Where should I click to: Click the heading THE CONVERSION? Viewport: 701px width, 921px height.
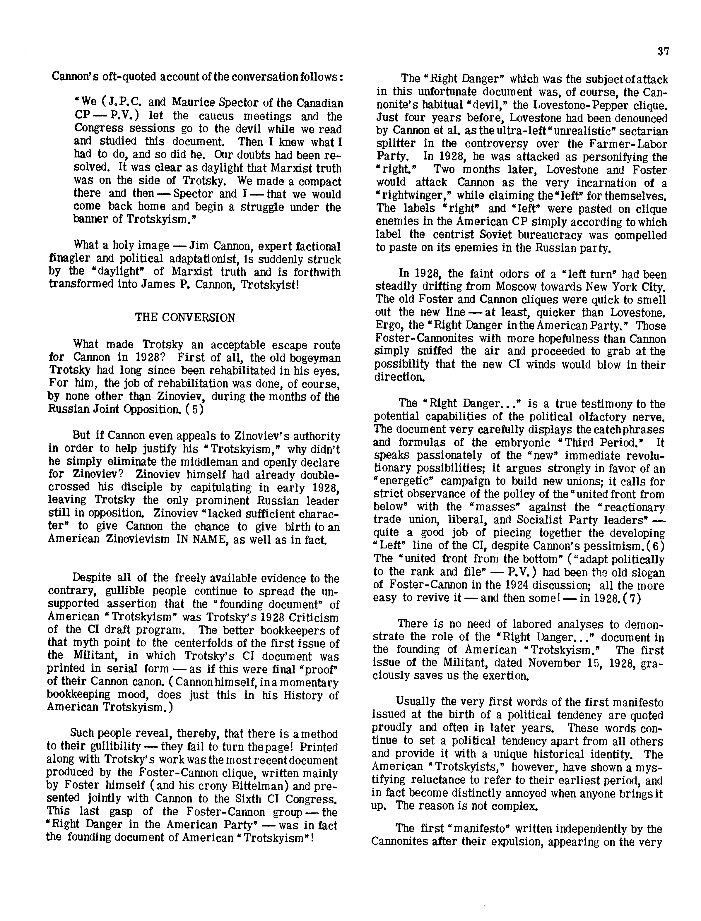pyautogui.click(x=185, y=318)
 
